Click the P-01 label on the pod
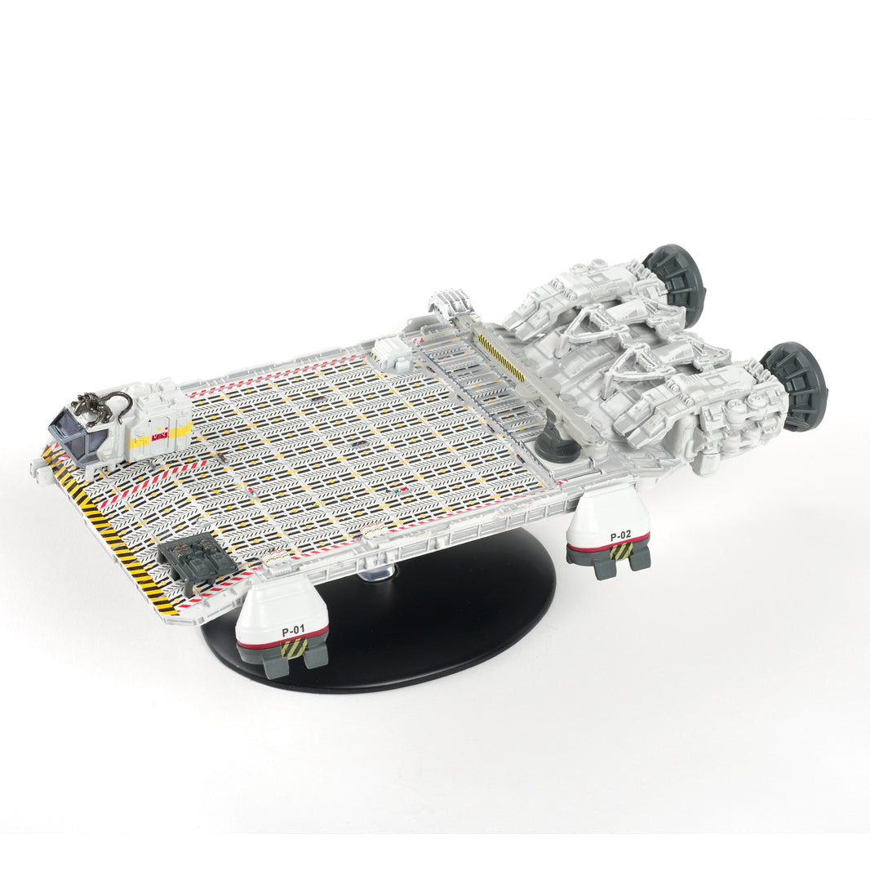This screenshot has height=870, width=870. click(293, 631)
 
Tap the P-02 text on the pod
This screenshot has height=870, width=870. click(620, 535)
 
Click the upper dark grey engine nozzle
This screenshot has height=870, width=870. click(677, 282)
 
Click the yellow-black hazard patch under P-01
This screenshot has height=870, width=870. click(293, 650)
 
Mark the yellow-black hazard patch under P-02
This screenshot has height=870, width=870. click(621, 553)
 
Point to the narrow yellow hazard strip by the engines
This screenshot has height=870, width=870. click(500, 357)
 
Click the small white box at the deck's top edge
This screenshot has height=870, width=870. click(392, 353)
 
